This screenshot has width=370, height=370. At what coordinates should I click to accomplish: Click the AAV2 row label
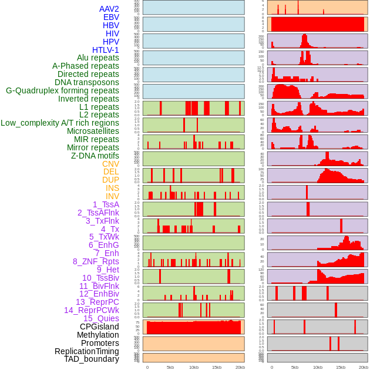(x=109, y=9)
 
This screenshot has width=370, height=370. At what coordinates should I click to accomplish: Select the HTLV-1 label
(x=105, y=50)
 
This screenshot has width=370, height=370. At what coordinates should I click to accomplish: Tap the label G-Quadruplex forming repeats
(x=62, y=90)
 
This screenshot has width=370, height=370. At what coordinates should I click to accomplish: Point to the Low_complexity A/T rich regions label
(x=60, y=123)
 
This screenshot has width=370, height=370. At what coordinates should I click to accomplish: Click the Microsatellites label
(x=93, y=131)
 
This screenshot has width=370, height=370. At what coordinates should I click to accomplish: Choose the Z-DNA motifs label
(x=95, y=156)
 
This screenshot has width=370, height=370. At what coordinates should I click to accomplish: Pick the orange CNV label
(x=110, y=164)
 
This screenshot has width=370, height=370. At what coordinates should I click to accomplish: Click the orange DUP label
(x=110, y=180)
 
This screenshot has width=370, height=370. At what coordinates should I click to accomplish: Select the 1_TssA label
(x=106, y=204)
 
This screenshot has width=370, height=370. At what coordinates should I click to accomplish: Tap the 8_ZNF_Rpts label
(x=96, y=261)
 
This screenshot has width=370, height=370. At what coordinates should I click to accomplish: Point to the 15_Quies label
(x=101, y=318)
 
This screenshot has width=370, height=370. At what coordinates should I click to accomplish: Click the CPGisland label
(x=99, y=327)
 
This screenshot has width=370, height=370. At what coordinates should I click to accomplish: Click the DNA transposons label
(x=87, y=82)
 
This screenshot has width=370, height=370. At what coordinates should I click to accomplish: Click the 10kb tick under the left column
(x=193, y=367)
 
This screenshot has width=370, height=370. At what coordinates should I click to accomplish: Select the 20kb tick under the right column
(x=364, y=367)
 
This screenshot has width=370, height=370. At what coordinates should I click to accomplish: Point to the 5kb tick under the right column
(x=294, y=367)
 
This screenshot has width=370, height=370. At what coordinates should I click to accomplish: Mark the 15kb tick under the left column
(x=217, y=367)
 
